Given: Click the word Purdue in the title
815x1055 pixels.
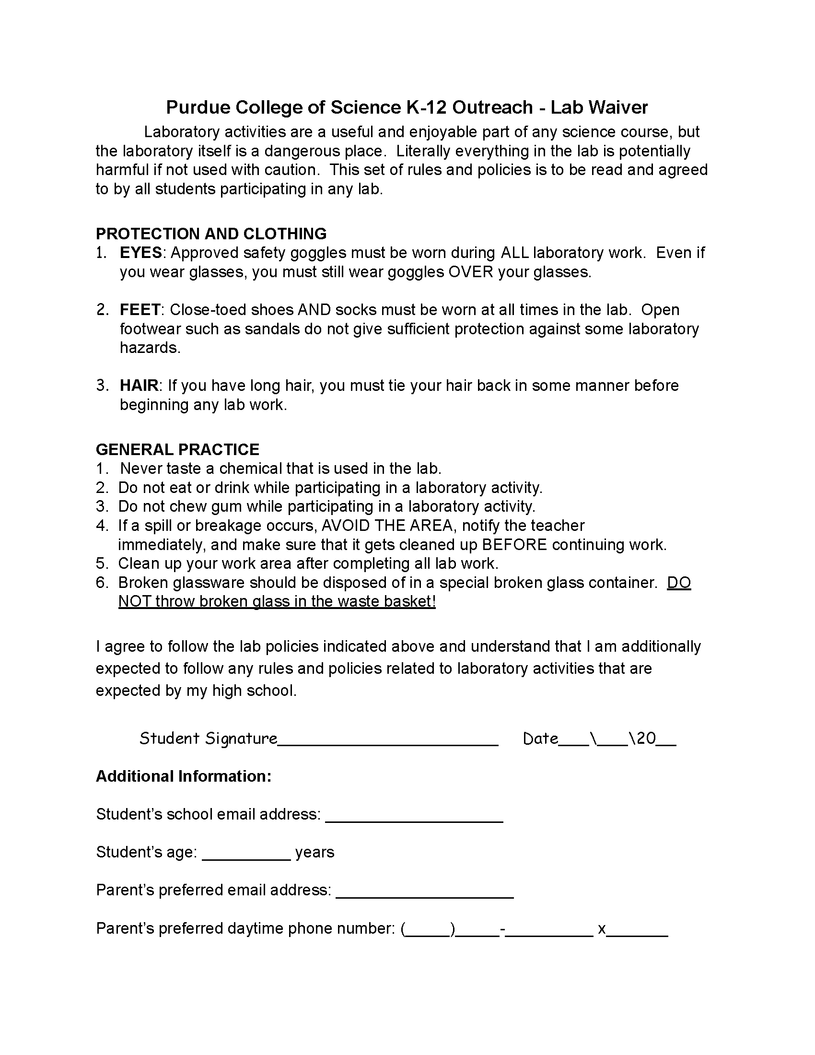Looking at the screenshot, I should point(198,107).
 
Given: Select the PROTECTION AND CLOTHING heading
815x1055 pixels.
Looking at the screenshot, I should point(211,234).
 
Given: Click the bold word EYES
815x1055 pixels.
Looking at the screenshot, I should point(141,253).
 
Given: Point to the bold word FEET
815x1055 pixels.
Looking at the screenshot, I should point(140,310).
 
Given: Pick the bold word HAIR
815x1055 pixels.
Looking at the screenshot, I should point(139,386).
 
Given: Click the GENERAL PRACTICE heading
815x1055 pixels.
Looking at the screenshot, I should point(177,450).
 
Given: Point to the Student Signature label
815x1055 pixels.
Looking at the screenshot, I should point(208,738).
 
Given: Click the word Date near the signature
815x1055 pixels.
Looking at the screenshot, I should point(540,738).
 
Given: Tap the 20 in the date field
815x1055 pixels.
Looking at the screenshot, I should point(646,738).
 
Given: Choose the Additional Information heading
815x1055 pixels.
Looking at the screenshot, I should point(184,776).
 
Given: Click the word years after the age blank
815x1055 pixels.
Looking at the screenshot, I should point(315,852).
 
